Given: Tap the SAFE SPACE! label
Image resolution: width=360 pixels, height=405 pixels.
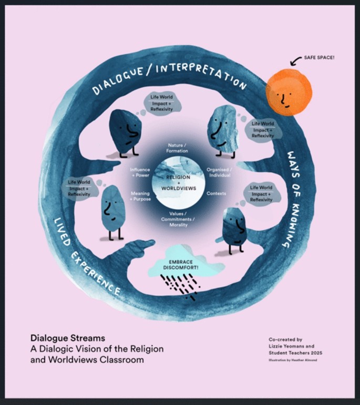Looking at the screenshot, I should tap(320, 57).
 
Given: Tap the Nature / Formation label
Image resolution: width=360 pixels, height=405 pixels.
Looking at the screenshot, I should tap(177, 148).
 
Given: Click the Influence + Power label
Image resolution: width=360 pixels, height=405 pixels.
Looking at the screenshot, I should tap(140, 173).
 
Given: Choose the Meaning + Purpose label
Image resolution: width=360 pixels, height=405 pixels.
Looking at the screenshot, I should tap(140, 196).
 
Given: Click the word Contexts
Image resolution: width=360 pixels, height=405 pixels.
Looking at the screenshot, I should tap(217, 193).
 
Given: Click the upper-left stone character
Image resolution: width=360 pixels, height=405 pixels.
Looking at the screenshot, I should tap(124, 132).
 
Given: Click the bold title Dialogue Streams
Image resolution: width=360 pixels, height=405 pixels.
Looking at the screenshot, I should tap(60, 338).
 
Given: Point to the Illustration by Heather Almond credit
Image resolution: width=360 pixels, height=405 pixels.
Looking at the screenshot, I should tap(292, 360).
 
